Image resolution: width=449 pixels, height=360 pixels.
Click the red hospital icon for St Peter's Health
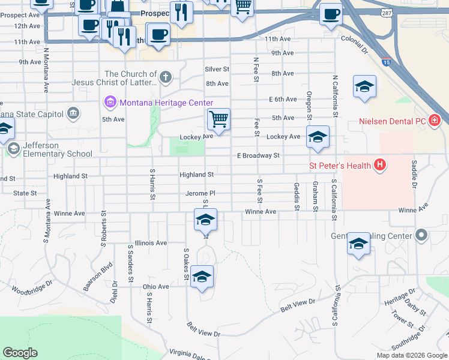379,164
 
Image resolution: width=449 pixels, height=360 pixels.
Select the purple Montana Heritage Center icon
110,103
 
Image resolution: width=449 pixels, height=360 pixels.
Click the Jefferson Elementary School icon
13,148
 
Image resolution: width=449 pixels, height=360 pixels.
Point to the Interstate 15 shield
386,62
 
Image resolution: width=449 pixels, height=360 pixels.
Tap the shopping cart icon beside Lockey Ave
219,119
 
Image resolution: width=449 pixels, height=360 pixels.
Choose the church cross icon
165,77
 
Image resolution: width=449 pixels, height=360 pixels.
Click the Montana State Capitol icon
73,113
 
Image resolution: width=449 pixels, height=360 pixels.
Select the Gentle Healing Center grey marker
422,235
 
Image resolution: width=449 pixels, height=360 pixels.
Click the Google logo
20,353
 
